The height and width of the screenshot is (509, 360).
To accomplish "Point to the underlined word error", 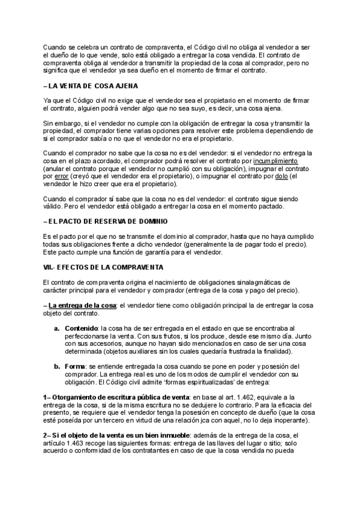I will [62, 178].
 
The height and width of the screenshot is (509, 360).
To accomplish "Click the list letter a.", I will [57, 329].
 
